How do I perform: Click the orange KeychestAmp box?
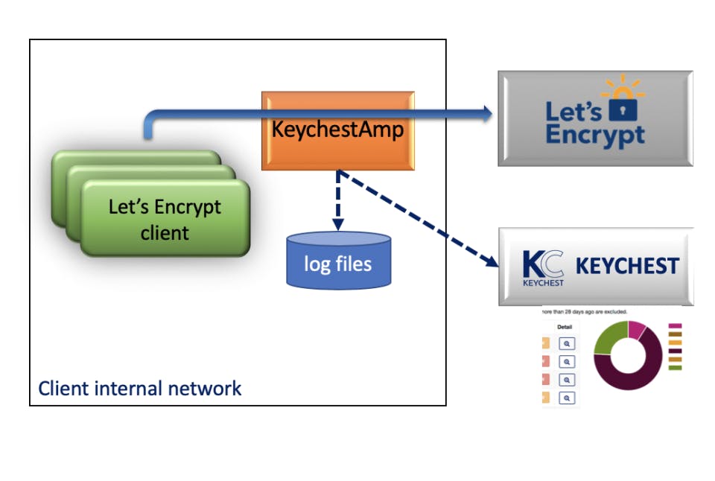click(x=337, y=130)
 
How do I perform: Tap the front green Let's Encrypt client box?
click(x=165, y=219)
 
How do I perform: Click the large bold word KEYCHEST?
click(x=627, y=267)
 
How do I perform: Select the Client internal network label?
click(x=140, y=388)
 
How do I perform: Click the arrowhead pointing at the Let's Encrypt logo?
click(x=488, y=113)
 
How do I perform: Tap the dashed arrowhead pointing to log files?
click(x=337, y=225)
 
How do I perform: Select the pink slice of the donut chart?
click(x=637, y=328)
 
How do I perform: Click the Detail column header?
click(x=565, y=326)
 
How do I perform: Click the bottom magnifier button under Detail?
click(x=567, y=398)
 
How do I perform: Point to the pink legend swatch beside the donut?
click(x=676, y=326)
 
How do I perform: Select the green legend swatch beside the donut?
click(x=676, y=367)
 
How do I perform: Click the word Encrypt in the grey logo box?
click(x=595, y=136)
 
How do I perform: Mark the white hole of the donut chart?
click(x=628, y=355)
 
